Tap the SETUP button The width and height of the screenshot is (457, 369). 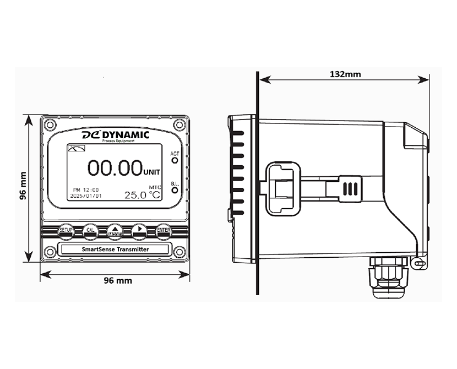point(66,230)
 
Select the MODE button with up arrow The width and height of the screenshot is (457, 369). point(115,231)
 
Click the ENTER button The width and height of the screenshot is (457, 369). point(164,231)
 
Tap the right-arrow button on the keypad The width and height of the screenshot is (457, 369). point(139,230)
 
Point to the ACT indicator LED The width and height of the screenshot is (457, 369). point(175,161)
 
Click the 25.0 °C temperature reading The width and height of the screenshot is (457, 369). point(142,195)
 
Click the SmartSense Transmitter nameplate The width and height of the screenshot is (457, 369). point(115,249)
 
